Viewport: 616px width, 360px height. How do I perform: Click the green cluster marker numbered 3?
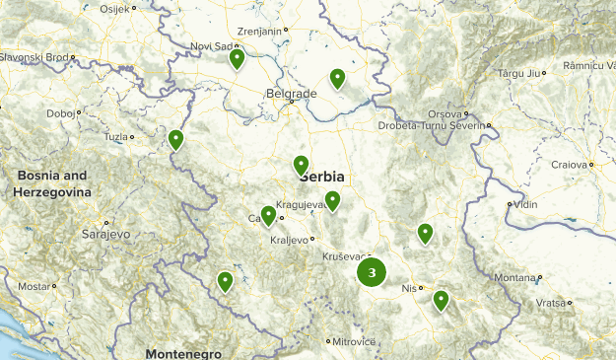point(372,272)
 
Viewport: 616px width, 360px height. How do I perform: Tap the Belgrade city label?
point(291,94)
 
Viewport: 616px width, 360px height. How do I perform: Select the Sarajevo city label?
point(104,235)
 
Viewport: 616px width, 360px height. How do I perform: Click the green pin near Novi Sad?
point(237,59)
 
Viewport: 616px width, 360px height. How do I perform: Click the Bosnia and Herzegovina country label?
point(51,183)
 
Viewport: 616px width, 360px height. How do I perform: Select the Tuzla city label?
point(115,136)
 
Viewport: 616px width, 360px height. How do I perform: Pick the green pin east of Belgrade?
point(338,78)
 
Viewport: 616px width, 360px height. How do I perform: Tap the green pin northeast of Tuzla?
point(176,140)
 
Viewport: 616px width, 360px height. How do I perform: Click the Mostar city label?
point(34,286)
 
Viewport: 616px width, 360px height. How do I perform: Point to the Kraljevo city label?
point(290,240)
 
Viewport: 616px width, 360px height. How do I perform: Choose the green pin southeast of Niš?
point(441,300)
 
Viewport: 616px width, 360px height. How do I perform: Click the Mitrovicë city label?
point(354,341)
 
